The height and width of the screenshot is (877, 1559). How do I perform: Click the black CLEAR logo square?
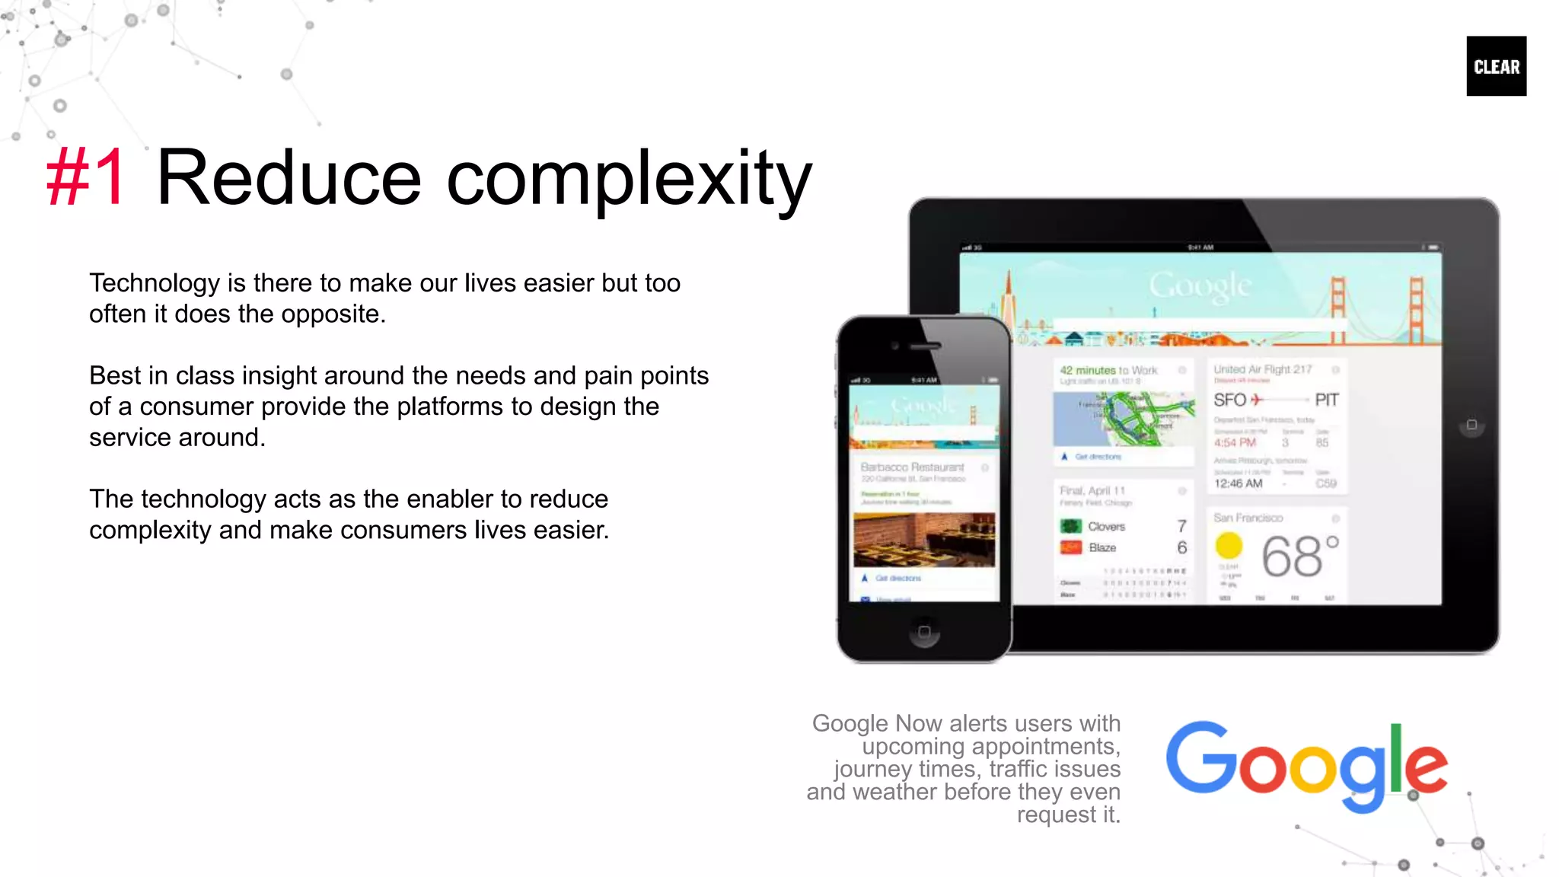(1496, 66)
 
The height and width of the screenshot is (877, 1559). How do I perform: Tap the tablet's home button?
(1471, 425)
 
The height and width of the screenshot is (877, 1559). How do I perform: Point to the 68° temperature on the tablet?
(1299, 556)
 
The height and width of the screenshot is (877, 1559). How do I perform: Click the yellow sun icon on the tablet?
(1229, 546)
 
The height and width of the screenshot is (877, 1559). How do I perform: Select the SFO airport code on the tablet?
(1229, 400)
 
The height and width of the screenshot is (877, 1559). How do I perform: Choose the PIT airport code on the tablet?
(1326, 400)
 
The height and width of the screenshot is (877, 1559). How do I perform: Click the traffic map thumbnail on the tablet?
(1124, 419)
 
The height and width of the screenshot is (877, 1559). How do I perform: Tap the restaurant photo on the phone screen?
(924, 539)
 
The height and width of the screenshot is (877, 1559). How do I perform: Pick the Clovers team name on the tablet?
(1106, 527)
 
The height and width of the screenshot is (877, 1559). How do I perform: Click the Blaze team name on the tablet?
(1102, 548)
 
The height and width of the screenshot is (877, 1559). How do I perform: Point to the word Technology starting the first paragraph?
(155, 283)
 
